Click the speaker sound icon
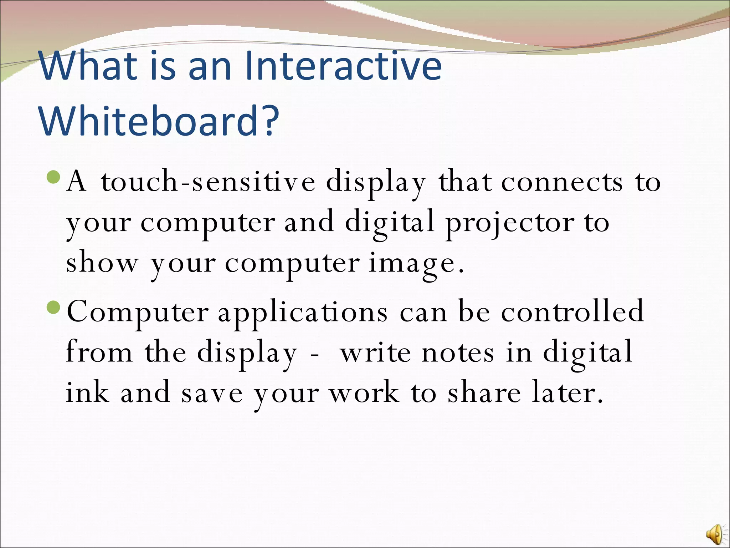coord(714,534)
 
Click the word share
coord(484,392)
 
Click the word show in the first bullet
coord(102,263)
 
